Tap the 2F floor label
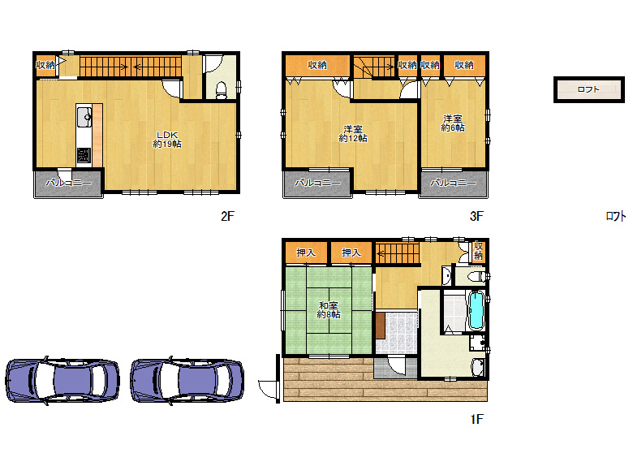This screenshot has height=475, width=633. pos(226,216)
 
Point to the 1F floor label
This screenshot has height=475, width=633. pos(476,420)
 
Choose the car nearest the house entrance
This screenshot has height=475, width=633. pos(187,378)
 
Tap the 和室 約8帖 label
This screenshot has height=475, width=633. pos(329,309)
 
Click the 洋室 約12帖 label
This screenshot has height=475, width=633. pos(353,133)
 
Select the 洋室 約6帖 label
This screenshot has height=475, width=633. pos(453,123)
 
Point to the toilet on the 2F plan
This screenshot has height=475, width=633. pos(222,88)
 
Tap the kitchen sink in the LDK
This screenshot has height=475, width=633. pos(84,120)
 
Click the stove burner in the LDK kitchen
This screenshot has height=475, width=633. pos(84,153)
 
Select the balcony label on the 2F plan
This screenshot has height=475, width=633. pos(68,184)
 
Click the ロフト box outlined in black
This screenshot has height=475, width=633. pos(588,89)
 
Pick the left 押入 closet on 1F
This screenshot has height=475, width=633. pos(306,253)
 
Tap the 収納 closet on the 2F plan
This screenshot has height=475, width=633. pos(45,65)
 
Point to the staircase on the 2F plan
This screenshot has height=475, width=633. pos(130,65)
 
